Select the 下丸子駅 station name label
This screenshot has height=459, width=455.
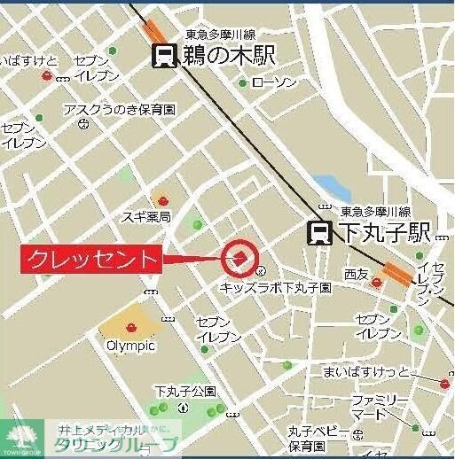point(384,233)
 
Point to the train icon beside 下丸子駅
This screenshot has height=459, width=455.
point(320,233)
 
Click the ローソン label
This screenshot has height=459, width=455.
point(273,82)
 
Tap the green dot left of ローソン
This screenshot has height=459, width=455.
point(243,83)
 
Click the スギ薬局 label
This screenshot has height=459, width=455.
point(146,216)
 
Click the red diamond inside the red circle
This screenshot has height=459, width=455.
point(239,258)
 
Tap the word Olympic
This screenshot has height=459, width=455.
point(130,345)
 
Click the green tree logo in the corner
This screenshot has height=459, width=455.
point(21,435)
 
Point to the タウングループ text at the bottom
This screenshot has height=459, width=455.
point(116,446)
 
